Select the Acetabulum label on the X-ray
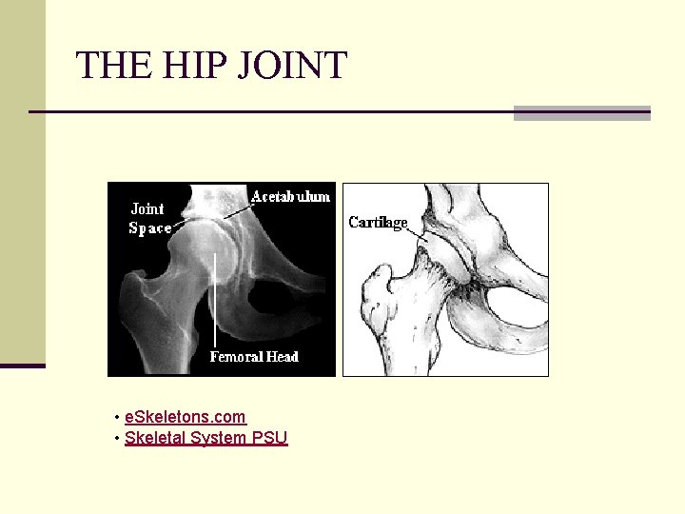pyautogui.click(x=290, y=196)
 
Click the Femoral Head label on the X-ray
pyautogui.click(x=254, y=357)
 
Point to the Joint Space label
pyautogui.click(x=149, y=218)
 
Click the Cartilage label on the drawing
pyautogui.click(x=378, y=223)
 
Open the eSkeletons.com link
pyautogui.click(x=185, y=417)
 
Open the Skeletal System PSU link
pyautogui.click(x=205, y=438)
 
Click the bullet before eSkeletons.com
pyautogui.click(x=116, y=418)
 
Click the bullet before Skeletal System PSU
pyautogui.click(x=116, y=439)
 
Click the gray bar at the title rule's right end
pyautogui.click(x=581, y=112)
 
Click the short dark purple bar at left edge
pyautogui.click(x=22, y=365)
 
